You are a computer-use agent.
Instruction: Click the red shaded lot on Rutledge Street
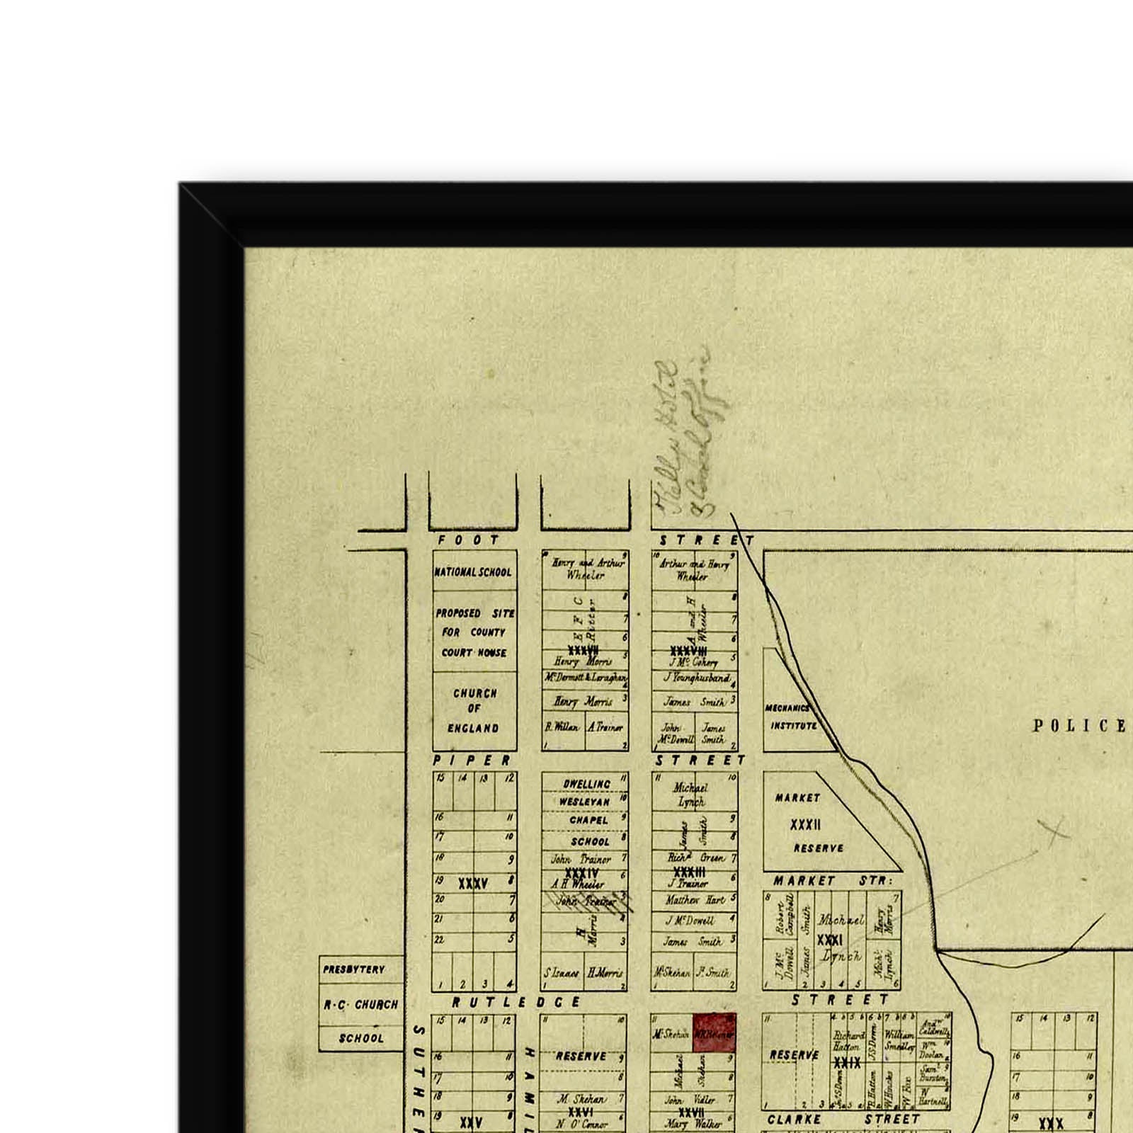[714, 1033]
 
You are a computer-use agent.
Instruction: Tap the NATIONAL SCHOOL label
[473, 571]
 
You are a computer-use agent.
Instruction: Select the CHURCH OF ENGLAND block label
[474, 710]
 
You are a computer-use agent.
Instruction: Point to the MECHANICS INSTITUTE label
[791, 717]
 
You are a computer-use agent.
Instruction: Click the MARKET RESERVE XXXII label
[807, 823]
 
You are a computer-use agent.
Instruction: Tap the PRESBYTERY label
[353, 969]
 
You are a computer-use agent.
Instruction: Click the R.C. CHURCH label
[361, 1004]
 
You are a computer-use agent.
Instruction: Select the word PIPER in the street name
[472, 761]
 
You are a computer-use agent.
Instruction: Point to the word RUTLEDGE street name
[516, 1002]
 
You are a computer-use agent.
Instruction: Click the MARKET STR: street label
[833, 881]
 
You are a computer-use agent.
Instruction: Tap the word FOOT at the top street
[469, 540]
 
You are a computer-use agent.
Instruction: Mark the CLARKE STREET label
[843, 1120]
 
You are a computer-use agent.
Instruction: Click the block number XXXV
[472, 883]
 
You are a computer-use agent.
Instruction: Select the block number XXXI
[829, 940]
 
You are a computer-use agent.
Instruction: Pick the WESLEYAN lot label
[584, 802]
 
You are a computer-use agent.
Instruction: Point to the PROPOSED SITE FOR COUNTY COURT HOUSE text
[474, 632]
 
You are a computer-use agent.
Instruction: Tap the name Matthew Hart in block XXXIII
[695, 900]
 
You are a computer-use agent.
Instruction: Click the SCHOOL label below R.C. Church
[361, 1038]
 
